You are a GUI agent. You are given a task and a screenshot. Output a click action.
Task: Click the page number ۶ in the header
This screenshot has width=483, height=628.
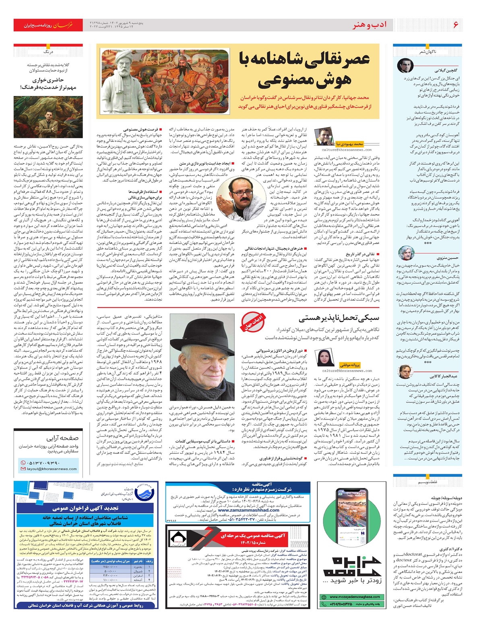456,25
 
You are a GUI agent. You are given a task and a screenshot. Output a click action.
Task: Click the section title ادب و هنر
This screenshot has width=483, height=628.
369,25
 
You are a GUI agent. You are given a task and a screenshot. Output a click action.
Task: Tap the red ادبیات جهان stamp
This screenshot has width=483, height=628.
253,322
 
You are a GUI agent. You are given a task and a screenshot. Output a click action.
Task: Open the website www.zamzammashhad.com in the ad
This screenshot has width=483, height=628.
248,510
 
